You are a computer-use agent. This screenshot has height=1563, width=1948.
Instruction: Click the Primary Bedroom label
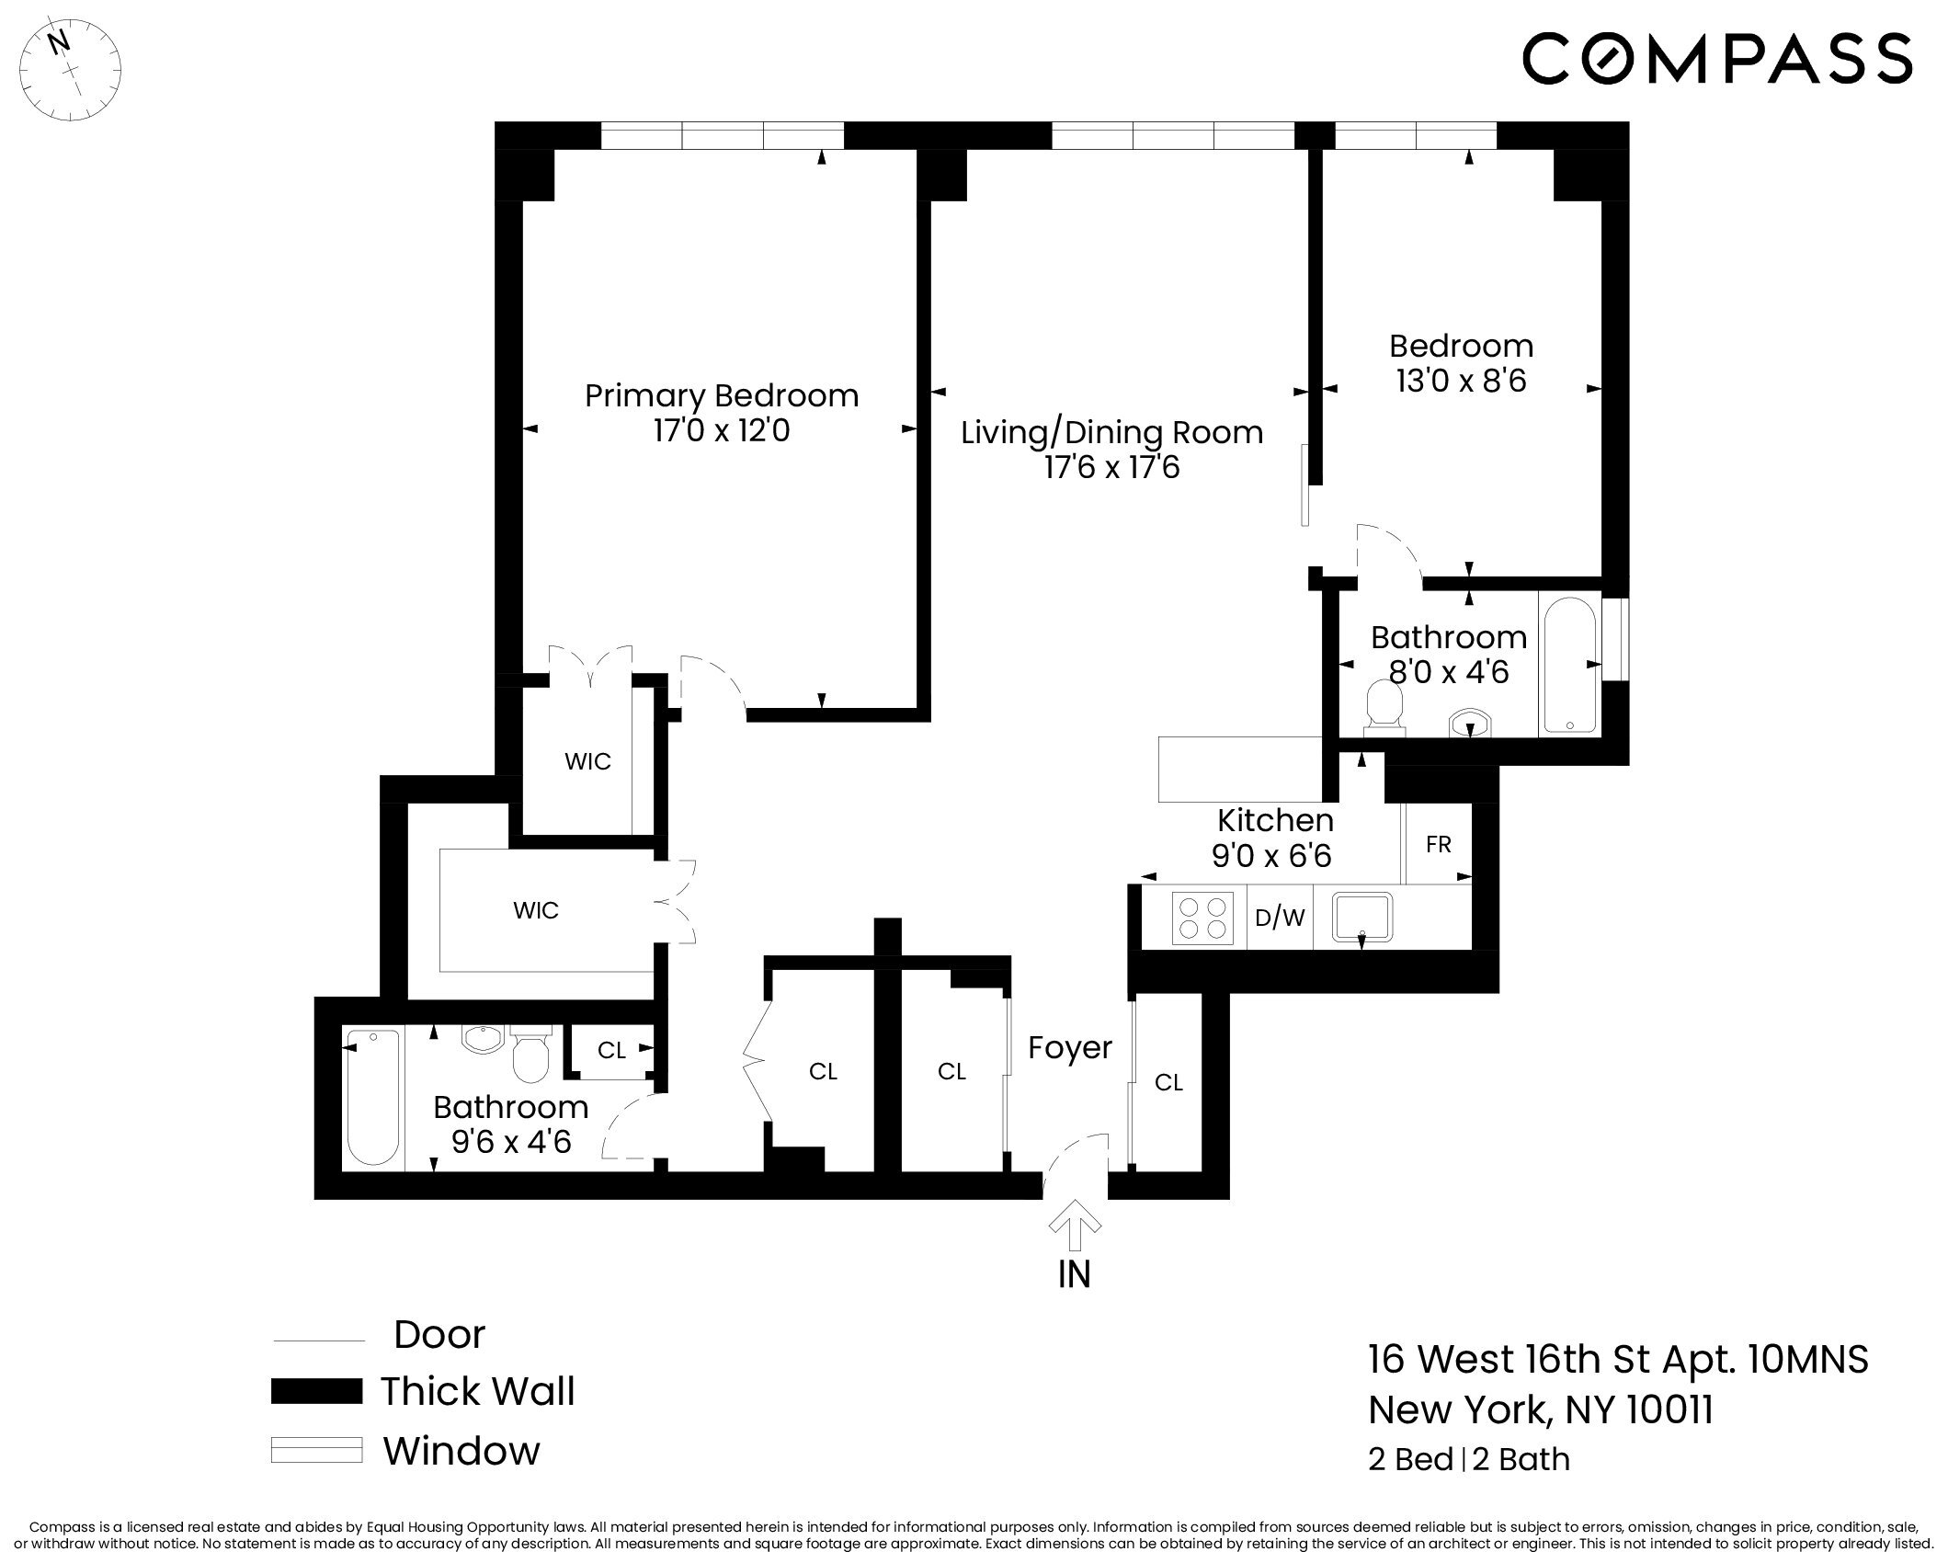[721, 396]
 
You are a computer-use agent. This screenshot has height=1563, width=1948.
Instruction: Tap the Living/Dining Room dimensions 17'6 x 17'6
[1111, 468]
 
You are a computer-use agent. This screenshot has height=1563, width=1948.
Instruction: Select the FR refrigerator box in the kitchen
[1438, 844]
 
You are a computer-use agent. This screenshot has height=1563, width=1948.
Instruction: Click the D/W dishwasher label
[1280, 918]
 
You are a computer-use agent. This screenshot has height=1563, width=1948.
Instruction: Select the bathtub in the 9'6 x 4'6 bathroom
[373, 1098]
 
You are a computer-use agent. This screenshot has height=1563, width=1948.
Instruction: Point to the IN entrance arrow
[1075, 1230]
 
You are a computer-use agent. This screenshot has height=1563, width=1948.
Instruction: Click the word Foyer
[1069, 1048]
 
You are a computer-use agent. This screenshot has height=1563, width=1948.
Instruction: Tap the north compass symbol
[72, 67]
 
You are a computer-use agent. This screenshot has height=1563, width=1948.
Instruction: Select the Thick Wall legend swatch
[316, 1391]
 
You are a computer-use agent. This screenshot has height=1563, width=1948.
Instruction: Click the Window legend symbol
[316, 1450]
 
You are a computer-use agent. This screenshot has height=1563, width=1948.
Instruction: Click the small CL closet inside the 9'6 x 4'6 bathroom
[611, 1050]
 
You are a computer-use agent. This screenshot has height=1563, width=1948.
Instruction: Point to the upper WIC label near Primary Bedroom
[587, 761]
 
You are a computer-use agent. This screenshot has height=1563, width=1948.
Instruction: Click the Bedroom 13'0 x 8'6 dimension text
[1461, 381]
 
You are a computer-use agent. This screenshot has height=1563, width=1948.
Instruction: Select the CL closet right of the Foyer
[1168, 1083]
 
